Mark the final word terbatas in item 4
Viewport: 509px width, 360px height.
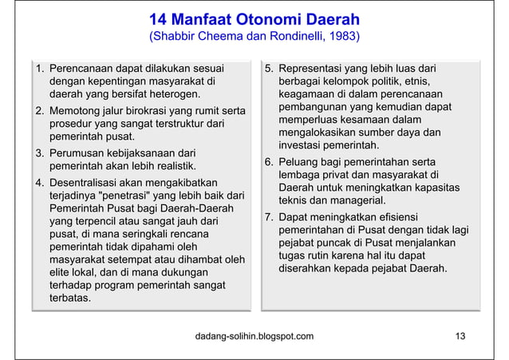click(70, 298)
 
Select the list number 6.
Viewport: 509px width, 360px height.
click(269, 162)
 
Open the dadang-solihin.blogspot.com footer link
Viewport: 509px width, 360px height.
click(254, 336)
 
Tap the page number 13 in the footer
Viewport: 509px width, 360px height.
click(460, 336)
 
